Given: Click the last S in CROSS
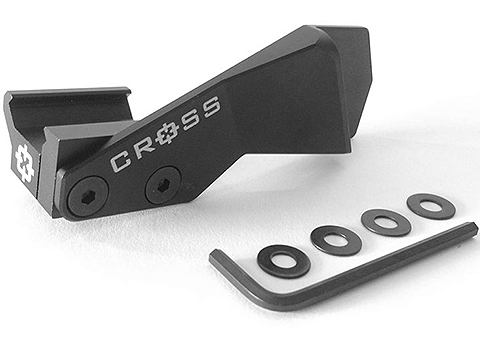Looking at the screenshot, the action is tap(211, 107).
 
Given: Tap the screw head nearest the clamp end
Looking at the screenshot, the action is tap(88, 197).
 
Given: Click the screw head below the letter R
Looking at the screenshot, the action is tap(163, 185).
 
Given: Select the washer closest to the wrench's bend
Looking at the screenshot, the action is tap(284, 261).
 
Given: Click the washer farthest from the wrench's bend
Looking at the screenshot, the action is tap(431, 206).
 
